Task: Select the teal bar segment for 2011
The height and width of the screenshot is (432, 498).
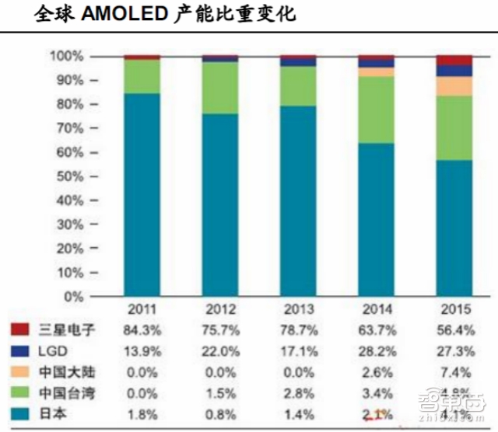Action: (x=142, y=194)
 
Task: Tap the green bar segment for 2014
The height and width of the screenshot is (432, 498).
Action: (x=376, y=110)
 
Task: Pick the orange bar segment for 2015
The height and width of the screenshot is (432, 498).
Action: (x=454, y=86)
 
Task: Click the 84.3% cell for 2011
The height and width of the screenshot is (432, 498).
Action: (x=143, y=329)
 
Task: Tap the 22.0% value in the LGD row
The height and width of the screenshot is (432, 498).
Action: (x=220, y=351)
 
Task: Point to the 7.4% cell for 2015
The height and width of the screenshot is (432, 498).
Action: (x=454, y=373)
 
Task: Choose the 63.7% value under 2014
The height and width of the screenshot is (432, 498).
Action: (x=376, y=329)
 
